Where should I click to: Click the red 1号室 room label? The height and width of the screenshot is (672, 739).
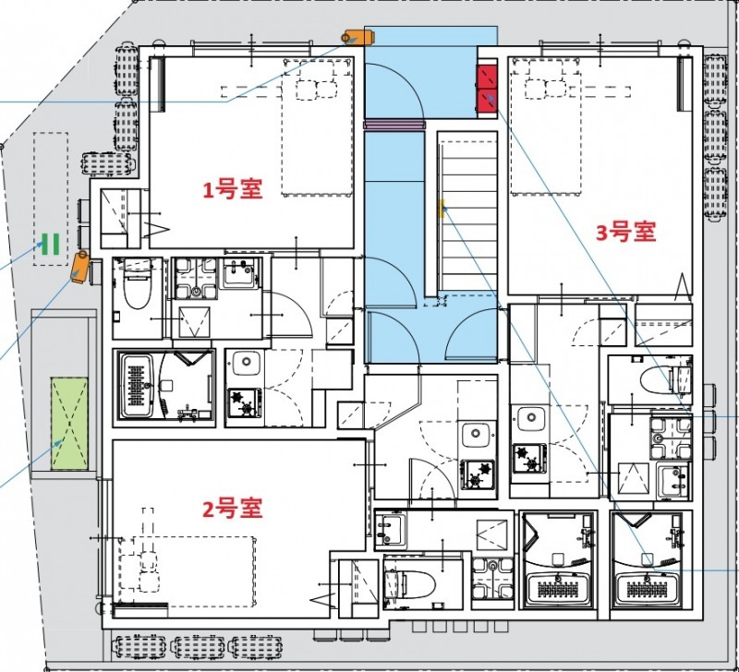pos(233,190)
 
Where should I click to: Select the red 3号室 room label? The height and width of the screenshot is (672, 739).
pos(625,232)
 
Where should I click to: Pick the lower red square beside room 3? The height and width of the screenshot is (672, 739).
pos(487,102)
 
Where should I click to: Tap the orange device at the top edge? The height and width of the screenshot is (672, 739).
pos(357,37)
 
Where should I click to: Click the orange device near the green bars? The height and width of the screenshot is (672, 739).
pos(80,267)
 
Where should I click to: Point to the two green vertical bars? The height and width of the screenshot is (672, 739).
pos(51,245)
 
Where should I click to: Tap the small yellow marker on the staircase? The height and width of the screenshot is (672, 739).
pos(442,207)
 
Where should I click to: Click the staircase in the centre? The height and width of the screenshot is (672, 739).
pos(467,212)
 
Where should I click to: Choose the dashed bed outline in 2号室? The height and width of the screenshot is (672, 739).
pos(185,569)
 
